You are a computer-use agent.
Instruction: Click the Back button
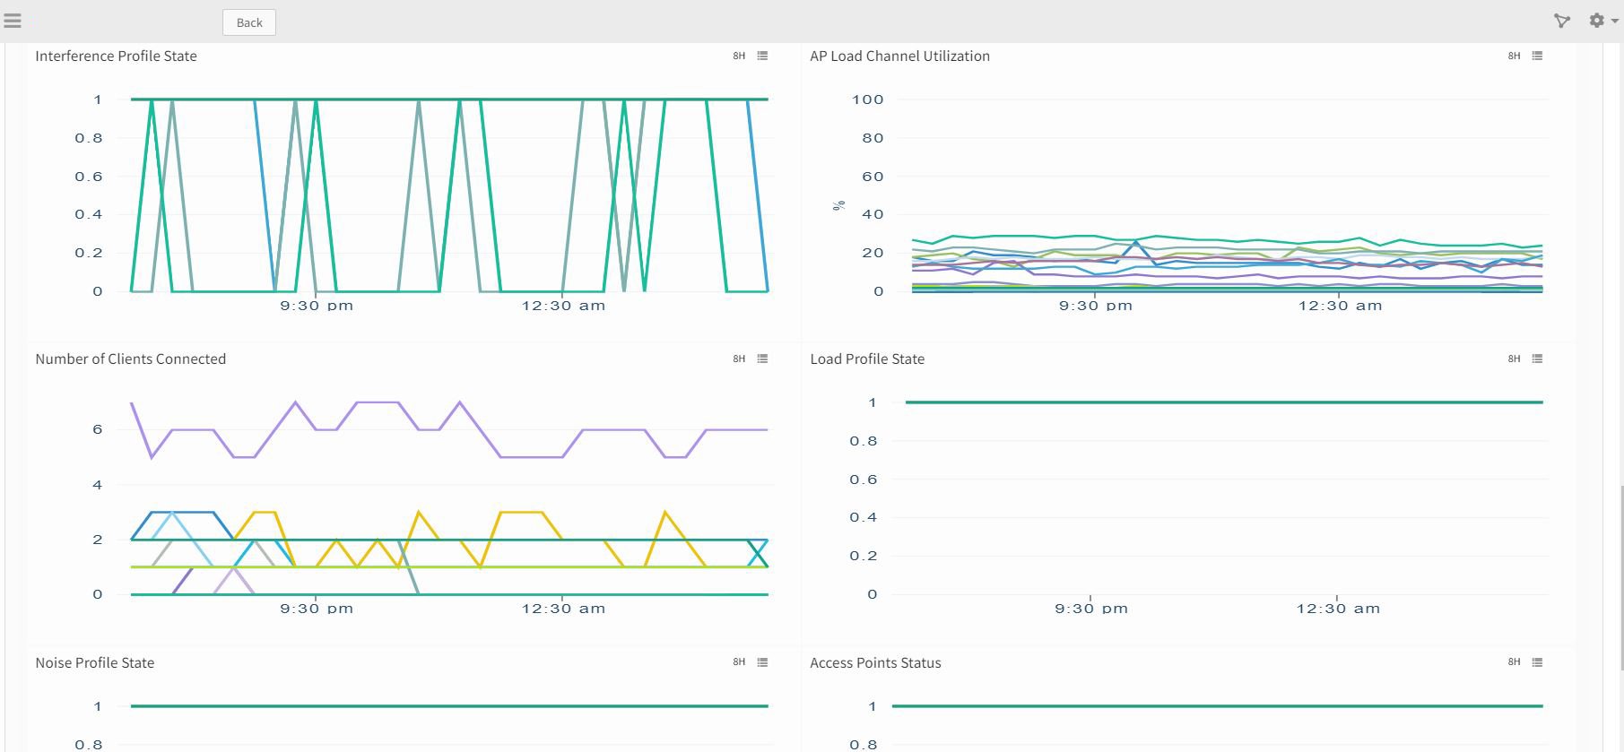249,22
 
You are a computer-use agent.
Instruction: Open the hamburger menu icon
13,21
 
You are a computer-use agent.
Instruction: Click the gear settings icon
1597,21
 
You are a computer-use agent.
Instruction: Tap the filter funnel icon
1562,21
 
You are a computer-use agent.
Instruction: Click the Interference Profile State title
116,56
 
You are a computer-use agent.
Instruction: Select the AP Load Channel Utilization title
899,56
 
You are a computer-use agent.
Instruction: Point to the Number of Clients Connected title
130,359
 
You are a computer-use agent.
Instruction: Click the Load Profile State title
867,359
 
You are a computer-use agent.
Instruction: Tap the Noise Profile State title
94,662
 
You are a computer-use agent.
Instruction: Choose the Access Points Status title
875,662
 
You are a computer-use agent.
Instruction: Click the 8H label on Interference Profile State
739,56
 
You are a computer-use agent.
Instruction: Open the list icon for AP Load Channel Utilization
1537,56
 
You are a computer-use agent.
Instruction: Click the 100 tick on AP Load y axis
867,99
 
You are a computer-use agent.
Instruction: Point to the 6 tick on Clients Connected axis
98,429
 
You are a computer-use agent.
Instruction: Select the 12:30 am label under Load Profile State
1338,609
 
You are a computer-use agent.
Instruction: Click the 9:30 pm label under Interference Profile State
317,306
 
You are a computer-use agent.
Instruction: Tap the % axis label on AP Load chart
839,205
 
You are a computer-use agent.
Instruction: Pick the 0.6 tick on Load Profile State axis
864,480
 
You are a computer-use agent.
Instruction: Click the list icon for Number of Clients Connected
762,359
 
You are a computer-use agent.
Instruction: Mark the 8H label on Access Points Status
1514,662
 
